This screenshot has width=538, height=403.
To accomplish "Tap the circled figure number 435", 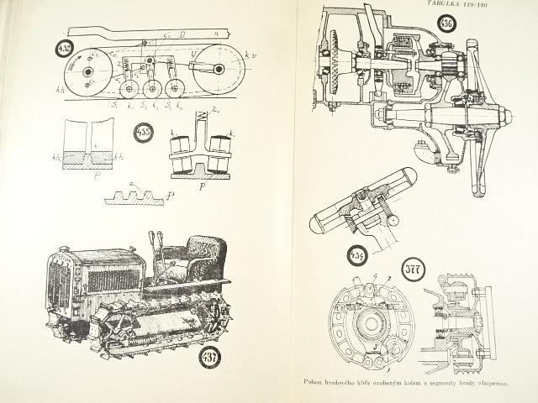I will [x=144, y=133].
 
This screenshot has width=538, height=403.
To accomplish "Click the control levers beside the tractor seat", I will [x=154, y=251].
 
